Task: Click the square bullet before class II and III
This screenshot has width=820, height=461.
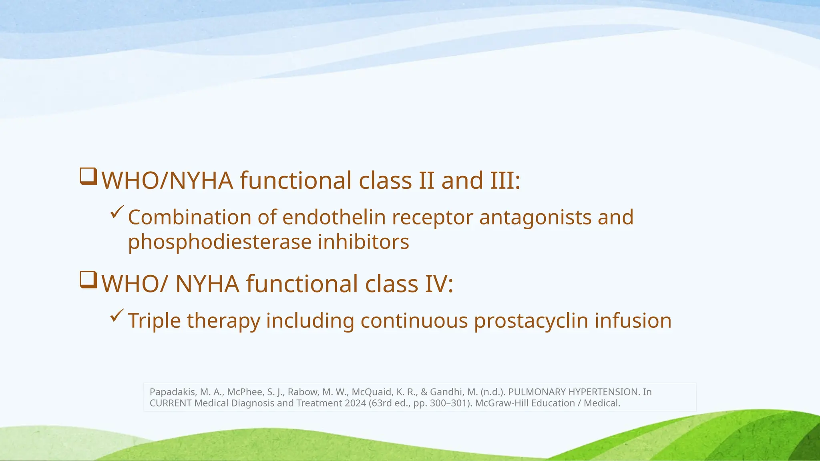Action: point(88,176)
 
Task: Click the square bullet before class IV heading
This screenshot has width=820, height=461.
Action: point(88,280)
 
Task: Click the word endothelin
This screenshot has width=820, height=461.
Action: point(334,217)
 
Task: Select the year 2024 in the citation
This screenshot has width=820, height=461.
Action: point(357,403)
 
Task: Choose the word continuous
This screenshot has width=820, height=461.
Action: point(414,321)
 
